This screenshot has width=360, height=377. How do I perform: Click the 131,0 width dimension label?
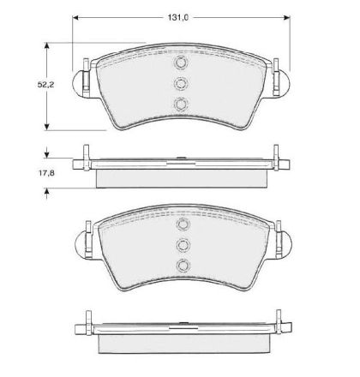tap(177, 18)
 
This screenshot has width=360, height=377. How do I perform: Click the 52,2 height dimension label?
tap(45, 85)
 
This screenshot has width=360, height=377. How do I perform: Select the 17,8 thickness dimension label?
tap(46, 173)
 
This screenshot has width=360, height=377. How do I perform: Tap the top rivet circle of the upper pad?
tap(181, 63)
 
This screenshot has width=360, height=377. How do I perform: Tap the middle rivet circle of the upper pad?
tap(181, 83)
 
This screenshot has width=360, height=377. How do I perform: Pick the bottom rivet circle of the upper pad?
tap(181, 104)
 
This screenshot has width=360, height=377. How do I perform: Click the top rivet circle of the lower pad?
tap(183, 224)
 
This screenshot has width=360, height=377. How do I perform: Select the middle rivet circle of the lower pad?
tap(183, 245)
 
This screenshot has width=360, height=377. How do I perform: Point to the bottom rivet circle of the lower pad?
tap(183, 266)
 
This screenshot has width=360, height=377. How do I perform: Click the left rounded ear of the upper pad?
tap(78, 83)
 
